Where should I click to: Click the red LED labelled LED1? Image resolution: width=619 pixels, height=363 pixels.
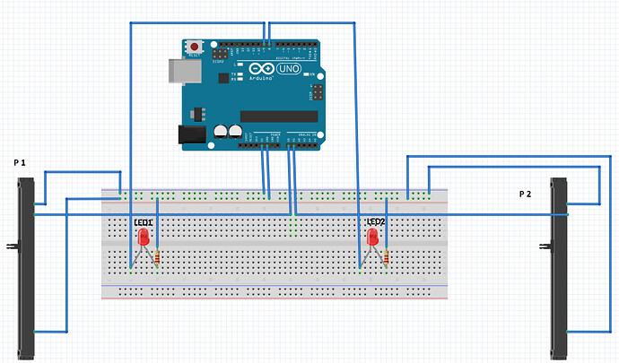(144, 238)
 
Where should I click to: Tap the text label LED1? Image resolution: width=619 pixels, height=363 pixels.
(144, 222)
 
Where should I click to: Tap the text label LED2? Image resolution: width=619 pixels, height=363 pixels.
(376, 221)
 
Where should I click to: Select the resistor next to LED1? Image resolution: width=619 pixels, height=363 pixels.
(159, 259)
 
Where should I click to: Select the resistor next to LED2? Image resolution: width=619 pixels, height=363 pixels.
(387, 259)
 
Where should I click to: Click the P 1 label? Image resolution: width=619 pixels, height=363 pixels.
(21, 163)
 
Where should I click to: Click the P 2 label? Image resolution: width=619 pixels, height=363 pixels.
(527, 194)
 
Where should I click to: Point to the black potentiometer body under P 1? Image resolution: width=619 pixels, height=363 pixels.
(26, 269)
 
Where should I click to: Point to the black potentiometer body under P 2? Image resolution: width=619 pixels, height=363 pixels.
(560, 269)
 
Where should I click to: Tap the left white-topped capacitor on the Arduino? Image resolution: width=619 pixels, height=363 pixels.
(221, 132)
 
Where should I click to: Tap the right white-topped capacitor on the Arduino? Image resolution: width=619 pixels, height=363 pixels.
(235, 132)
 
